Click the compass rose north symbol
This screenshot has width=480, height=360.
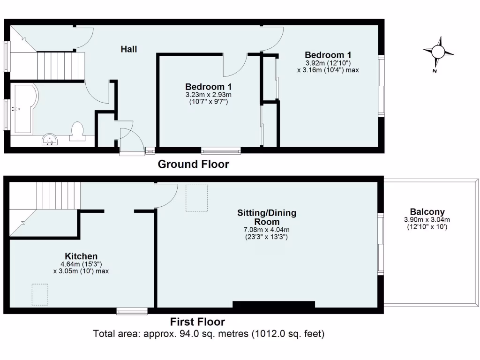tap(438, 52)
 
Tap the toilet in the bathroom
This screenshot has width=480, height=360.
tap(77, 131)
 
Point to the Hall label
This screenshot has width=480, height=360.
tap(129, 49)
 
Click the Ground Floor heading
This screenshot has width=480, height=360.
tap(193, 165)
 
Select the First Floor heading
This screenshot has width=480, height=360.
tap(197, 322)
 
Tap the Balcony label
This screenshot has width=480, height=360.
tap(427, 212)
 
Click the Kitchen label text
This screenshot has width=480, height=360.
tap(81, 256)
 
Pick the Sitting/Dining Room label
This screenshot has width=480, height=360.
tap(267, 217)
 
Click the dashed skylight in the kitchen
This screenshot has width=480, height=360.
tap(40, 294)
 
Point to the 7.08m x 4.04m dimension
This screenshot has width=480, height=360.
tap(266, 230)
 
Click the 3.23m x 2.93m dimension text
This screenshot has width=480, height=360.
tap(209, 95)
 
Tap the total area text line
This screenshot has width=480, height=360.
tap(209, 334)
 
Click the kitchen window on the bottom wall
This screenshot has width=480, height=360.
tap(132, 311)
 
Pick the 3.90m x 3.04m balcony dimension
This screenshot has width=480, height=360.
tap(427, 220)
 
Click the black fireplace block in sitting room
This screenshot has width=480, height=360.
tap(273, 305)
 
